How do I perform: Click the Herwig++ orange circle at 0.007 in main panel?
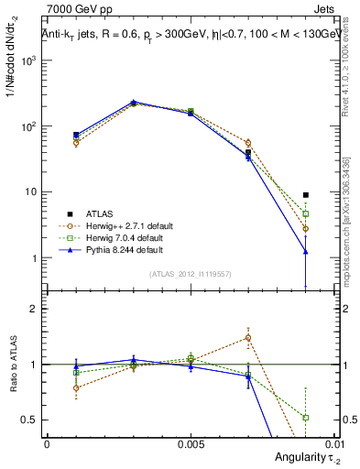[x=248, y=143]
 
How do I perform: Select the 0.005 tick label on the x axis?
[x=191, y=443]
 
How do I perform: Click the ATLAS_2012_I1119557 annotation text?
[x=191, y=274]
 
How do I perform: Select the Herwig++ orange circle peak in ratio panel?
[x=248, y=338]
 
